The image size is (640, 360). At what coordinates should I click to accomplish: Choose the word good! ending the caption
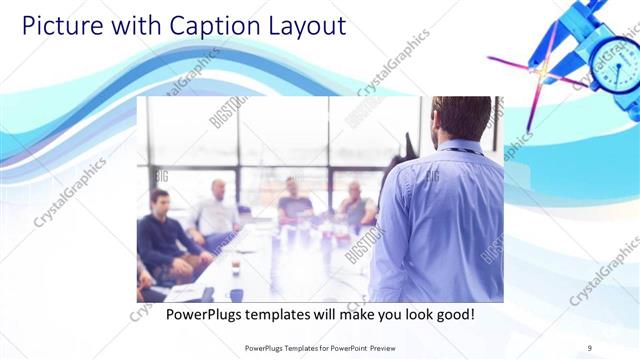(x=452, y=314)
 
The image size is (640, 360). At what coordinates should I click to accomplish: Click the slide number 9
(x=589, y=347)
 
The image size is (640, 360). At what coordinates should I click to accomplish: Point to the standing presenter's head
(x=465, y=118)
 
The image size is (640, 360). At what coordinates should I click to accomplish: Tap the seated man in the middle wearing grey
(x=295, y=200)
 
